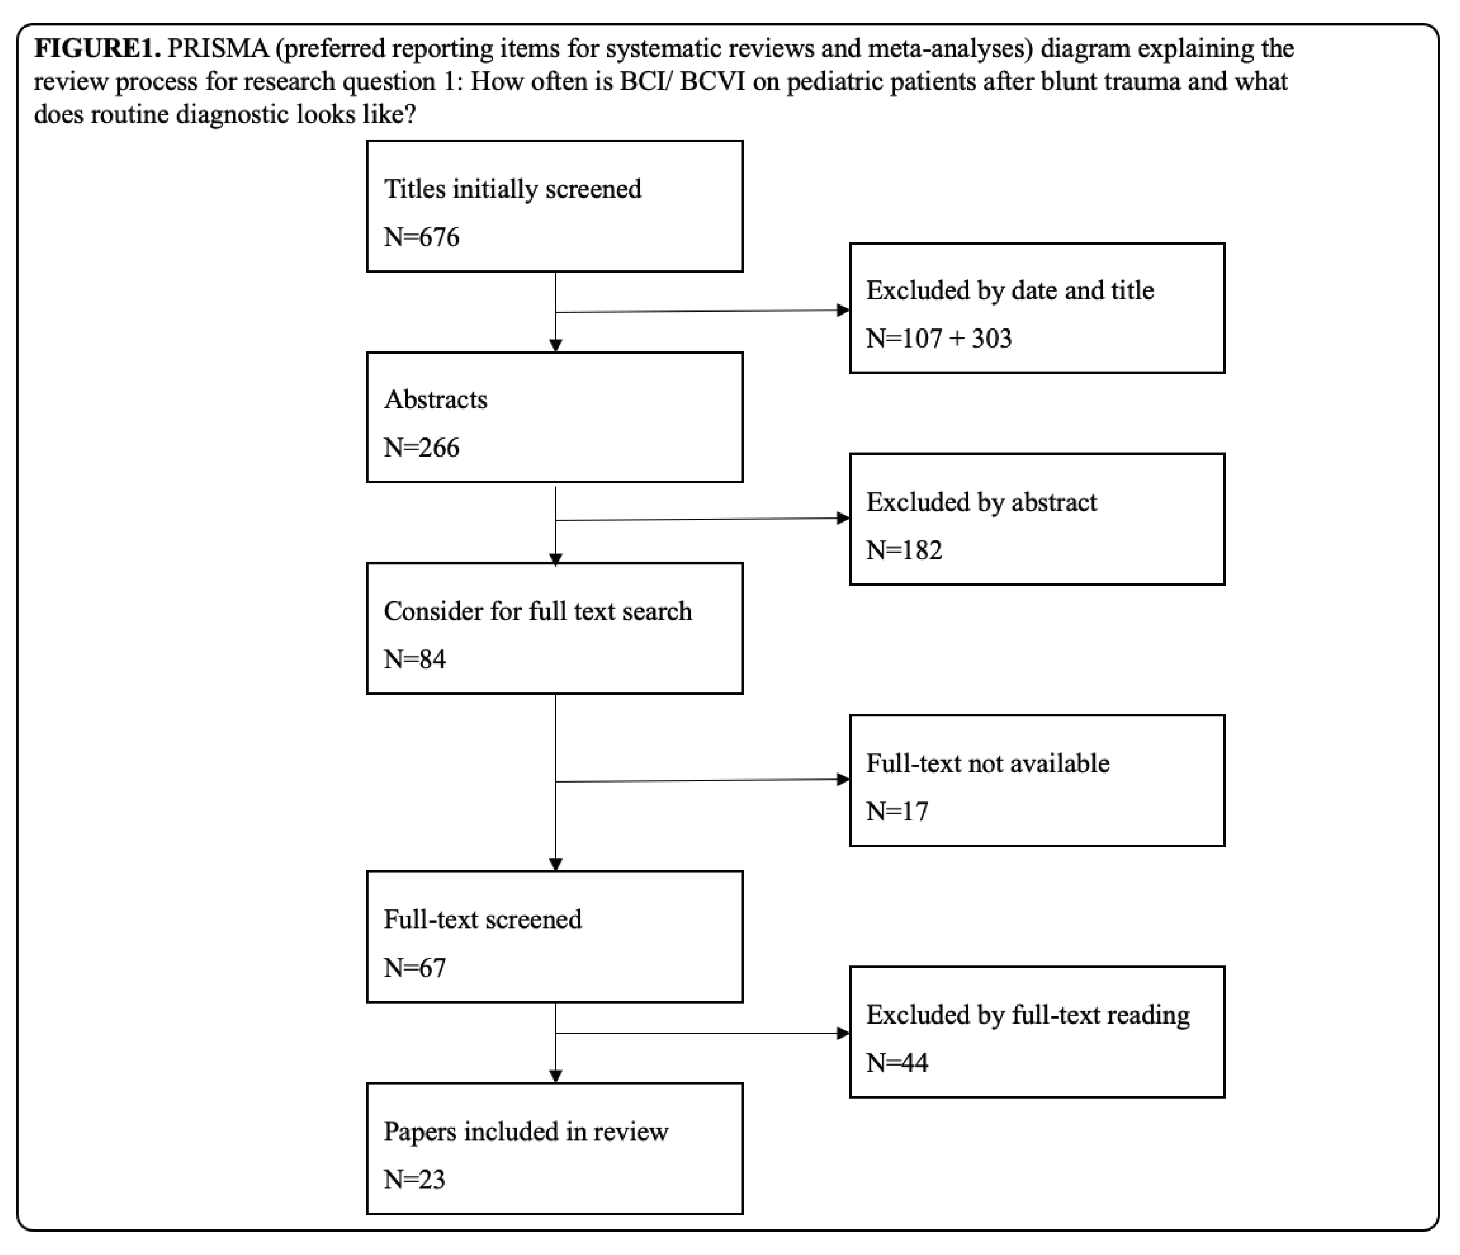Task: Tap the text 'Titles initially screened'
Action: click(512, 189)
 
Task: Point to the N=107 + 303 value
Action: click(939, 338)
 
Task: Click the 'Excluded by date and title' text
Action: click(1010, 290)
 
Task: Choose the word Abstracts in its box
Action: click(435, 399)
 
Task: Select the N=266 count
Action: click(421, 448)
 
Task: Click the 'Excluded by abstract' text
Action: click(981, 502)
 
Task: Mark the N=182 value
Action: click(904, 550)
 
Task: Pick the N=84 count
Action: click(414, 659)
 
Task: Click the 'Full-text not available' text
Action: click(987, 763)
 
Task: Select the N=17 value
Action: click(897, 811)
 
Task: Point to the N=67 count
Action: click(414, 967)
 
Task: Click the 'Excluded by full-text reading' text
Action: click(1027, 1015)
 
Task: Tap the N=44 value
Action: click(897, 1062)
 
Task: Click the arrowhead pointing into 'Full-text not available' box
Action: click(843, 779)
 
